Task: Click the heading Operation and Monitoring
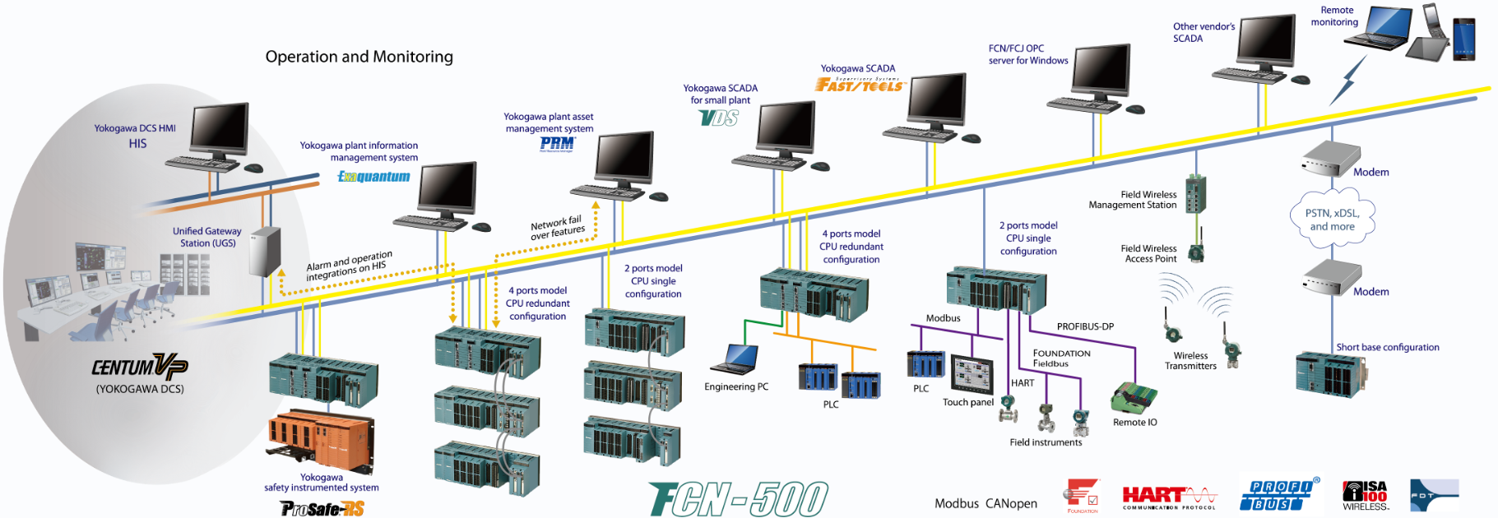(359, 57)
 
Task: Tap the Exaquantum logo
(373, 176)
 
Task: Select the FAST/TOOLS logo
(860, 84)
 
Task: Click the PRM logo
(557, 144)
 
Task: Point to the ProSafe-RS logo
(322, 509)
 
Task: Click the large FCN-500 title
(738, 499)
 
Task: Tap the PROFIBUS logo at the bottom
(1278, 495)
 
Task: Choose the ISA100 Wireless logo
(1365, 496)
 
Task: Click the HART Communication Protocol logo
(1168, 497)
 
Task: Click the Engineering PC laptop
(736, 358)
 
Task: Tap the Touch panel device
(972, 375)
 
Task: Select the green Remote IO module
(1134, 398)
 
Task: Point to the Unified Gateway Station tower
(265, 251)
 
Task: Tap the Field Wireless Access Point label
(1148, 253)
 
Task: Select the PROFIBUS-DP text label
(1085, 326)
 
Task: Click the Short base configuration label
(1387, 347)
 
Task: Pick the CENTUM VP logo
(139, 367)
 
